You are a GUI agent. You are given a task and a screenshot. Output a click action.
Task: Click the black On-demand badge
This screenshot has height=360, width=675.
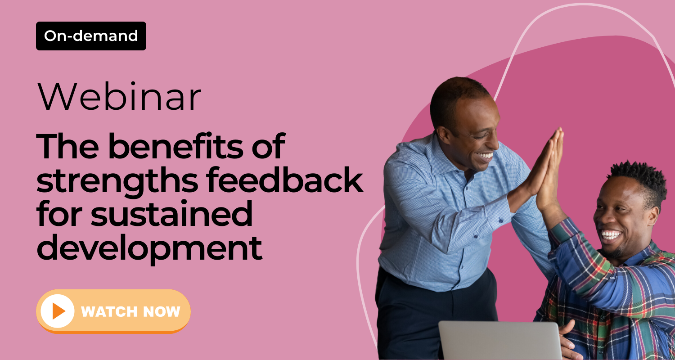91,36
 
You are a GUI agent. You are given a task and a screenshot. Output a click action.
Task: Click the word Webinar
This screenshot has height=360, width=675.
119,96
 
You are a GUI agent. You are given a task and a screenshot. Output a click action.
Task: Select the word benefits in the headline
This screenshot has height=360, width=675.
175,146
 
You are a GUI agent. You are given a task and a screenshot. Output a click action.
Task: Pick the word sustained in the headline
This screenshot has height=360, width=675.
172,214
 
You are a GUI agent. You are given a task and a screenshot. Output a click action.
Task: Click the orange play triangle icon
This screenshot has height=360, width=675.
58,311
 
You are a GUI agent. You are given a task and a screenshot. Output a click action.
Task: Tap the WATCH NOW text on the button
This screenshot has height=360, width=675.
130,311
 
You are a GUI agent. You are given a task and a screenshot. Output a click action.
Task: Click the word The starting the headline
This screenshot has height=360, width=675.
67,146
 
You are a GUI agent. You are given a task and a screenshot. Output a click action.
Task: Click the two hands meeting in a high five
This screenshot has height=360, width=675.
545,169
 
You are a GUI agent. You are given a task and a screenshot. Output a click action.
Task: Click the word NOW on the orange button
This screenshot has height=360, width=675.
162,311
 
